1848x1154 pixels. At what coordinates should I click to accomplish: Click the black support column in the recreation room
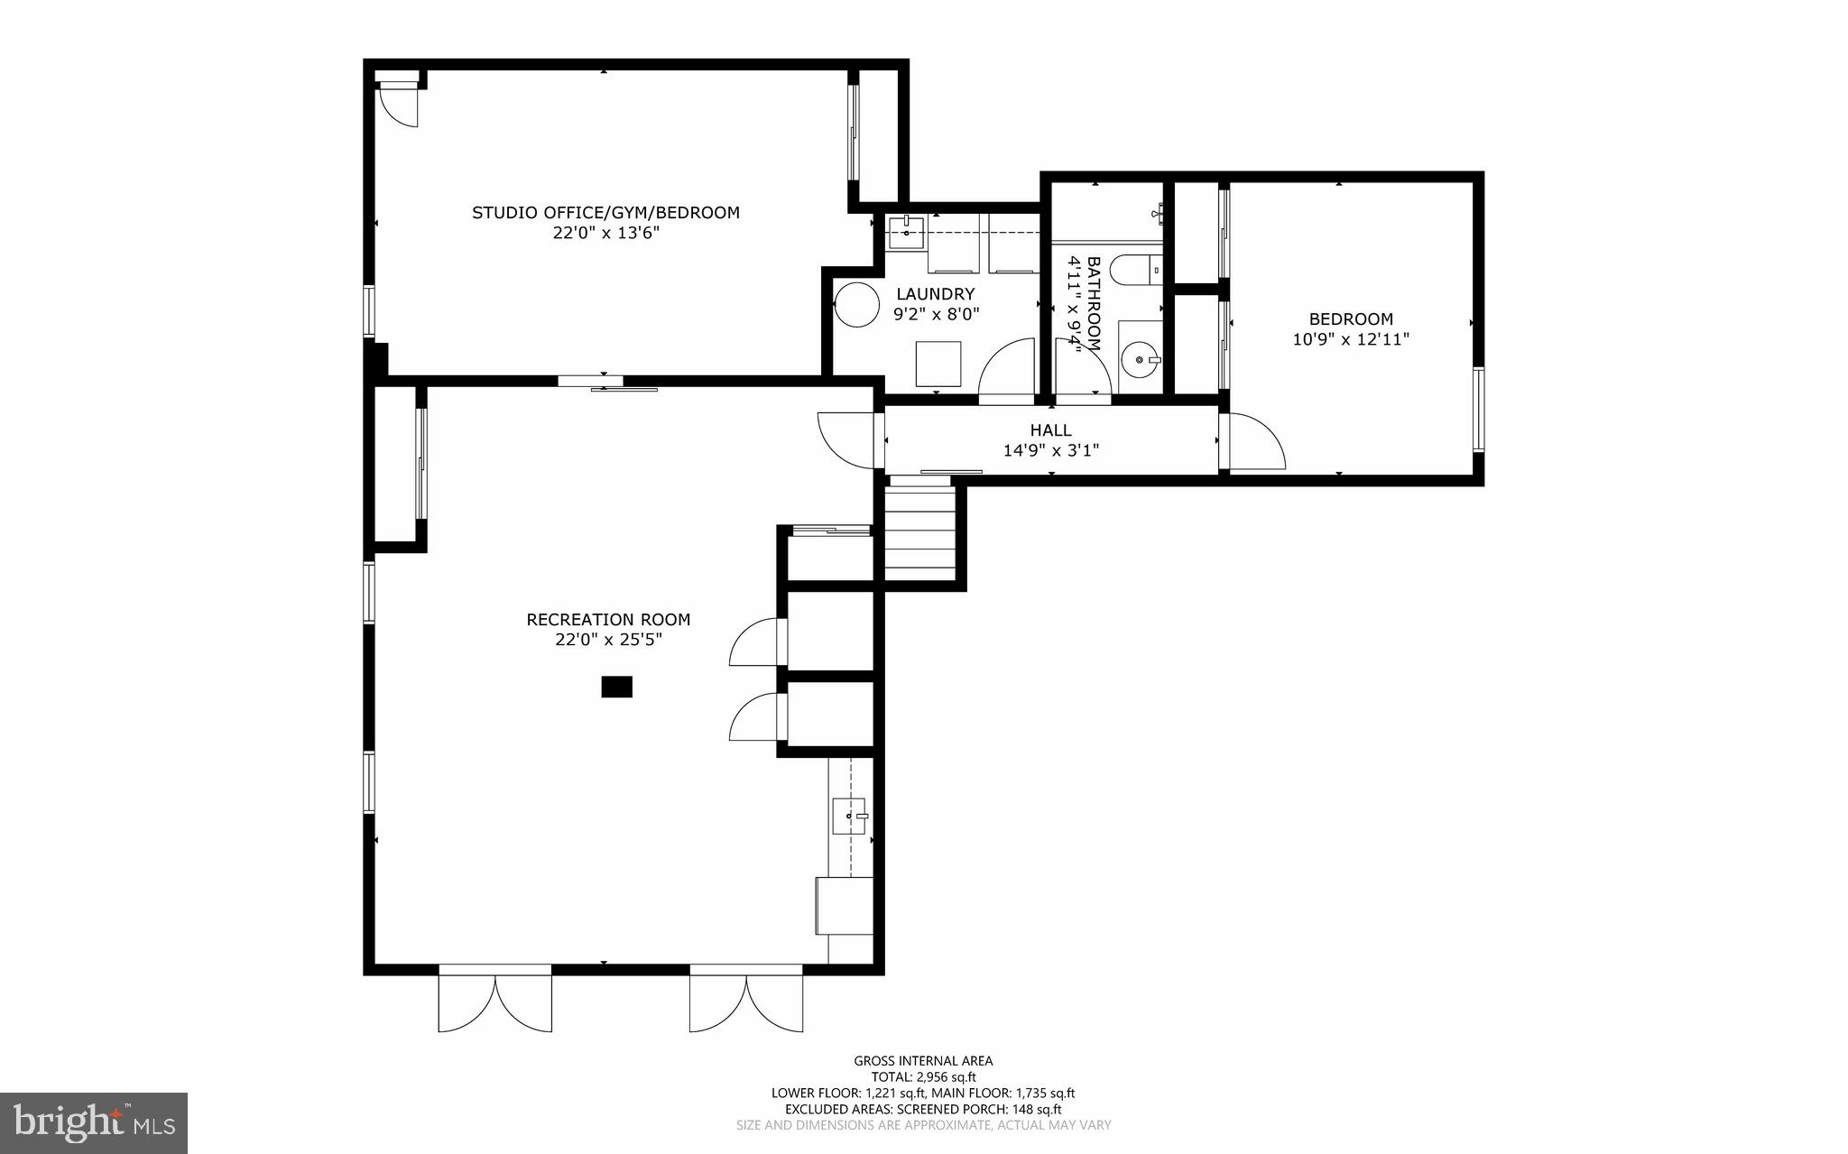[616, 687]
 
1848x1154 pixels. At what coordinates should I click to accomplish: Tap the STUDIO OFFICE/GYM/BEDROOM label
[605, 213]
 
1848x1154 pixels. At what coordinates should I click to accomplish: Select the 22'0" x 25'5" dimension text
[608, 640]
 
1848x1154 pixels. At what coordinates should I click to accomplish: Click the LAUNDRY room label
[935, 294]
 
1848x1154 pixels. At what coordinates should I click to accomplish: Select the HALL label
[1050, 430]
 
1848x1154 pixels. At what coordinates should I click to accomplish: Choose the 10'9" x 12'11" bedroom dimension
[1350, 339]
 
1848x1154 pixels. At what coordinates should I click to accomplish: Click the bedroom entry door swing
[1254, 442]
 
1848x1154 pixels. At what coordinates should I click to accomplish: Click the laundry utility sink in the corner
[905, 232]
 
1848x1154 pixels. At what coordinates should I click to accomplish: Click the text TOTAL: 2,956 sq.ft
[923, 1076]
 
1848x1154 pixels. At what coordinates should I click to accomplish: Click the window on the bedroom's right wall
[1478, 409]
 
